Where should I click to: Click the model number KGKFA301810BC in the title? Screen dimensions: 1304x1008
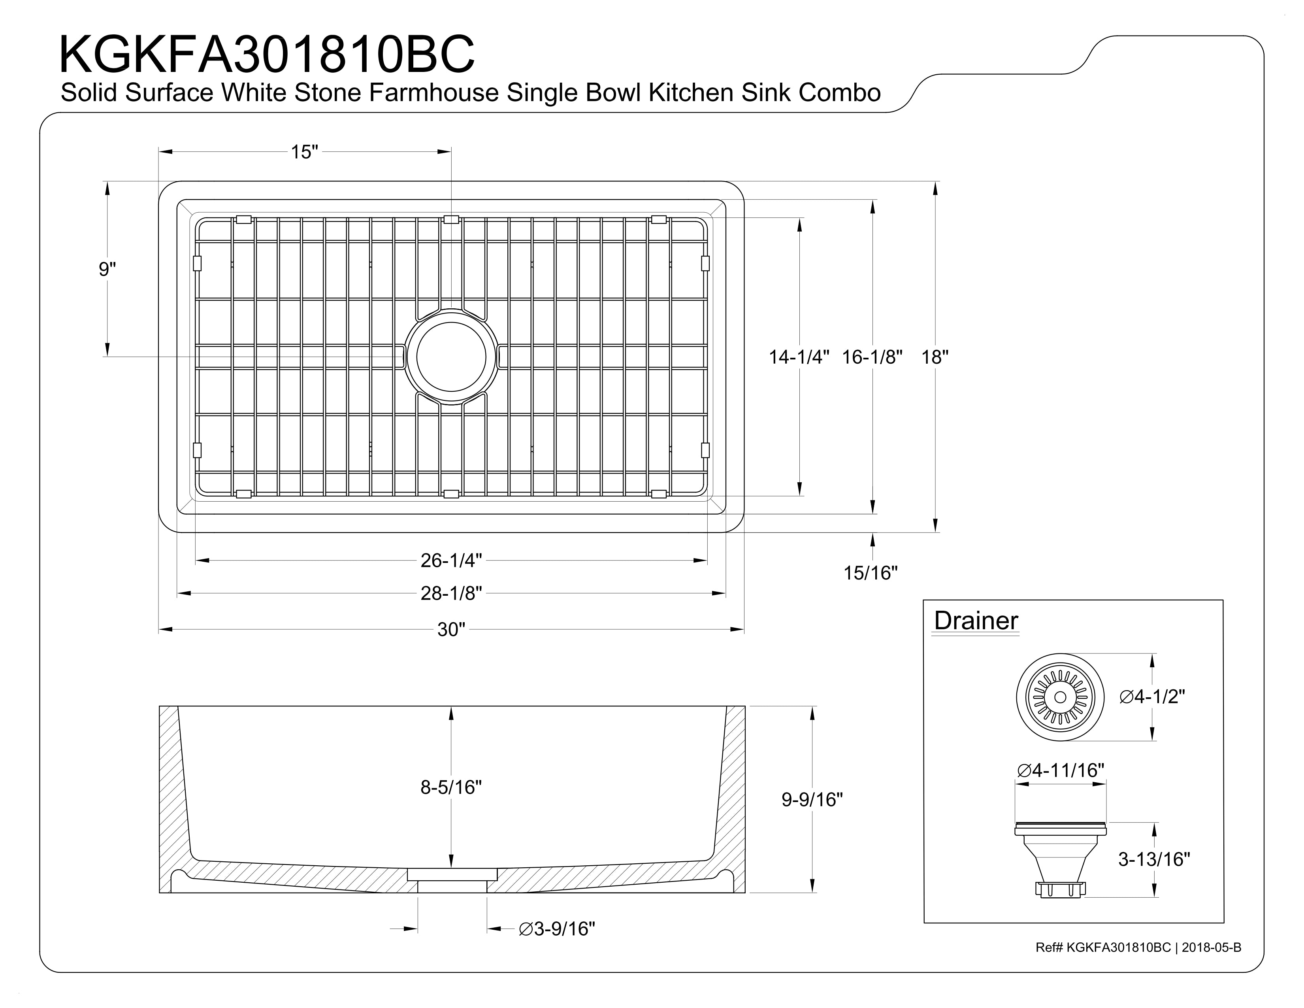(267, 54)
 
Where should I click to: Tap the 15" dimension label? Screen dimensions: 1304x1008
(305, 152)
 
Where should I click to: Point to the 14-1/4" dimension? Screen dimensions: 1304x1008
(799, 357)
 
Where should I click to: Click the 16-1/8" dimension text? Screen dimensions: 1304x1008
(872, 357)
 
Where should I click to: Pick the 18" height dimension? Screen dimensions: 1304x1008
(935, 357)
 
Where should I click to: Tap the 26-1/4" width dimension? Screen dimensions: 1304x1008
(451, 560)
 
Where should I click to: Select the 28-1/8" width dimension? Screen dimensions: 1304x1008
(451, 593)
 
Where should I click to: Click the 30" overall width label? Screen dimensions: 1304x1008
(451, 629)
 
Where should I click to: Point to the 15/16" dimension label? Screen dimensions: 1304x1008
(871, 573)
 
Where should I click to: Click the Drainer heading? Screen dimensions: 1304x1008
(976, 621)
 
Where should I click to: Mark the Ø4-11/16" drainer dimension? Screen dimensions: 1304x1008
(1061, 770)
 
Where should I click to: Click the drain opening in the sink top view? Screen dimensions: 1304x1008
(451, 357)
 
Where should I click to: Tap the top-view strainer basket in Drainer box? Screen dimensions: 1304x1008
(1061, 697)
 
